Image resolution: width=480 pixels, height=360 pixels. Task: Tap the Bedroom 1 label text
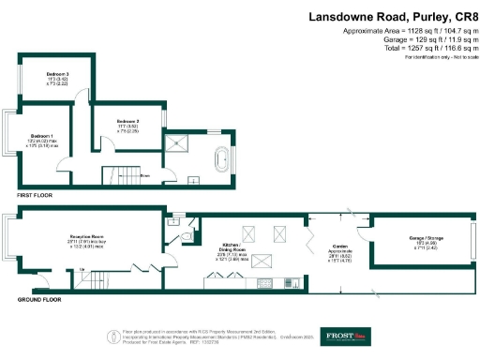point(41,135)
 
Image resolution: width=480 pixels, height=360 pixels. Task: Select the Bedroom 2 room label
point(127,122)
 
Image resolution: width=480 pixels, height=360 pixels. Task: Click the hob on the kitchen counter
point(264,282)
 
